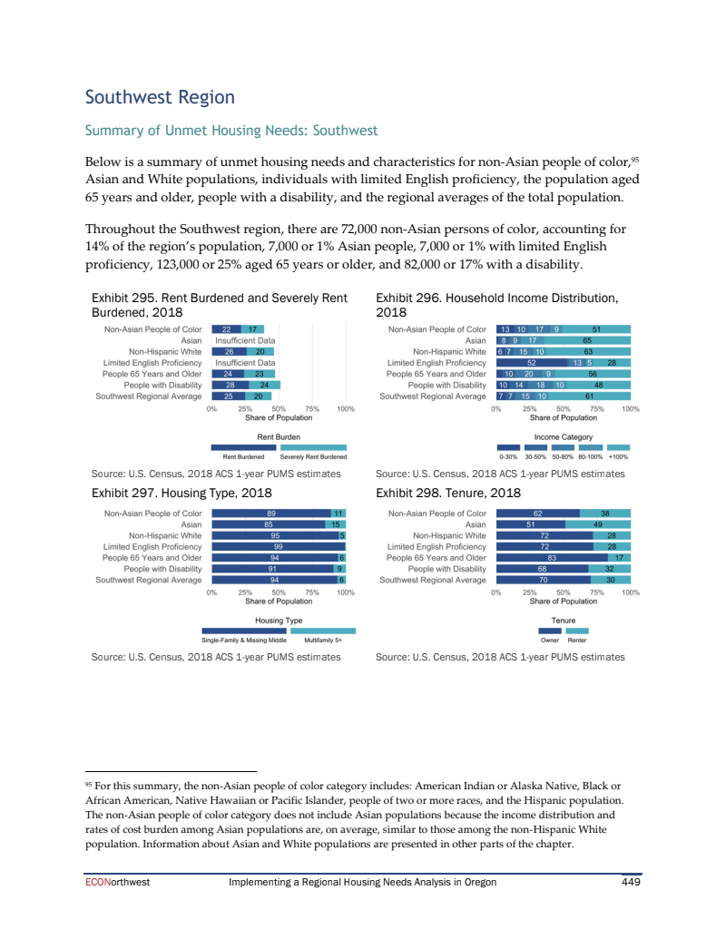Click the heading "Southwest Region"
(159, 97)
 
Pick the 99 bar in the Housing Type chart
(278, 547)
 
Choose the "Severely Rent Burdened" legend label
(313, 456)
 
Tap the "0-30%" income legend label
(508, 456)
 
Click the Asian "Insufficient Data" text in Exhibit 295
(245, 340)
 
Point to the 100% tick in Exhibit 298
(632, 592)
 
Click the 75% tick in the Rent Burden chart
(312, 409)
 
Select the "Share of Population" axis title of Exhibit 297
(279, 602)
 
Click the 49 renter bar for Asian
(598, 525)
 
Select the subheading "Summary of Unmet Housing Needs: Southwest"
(231, 131)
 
